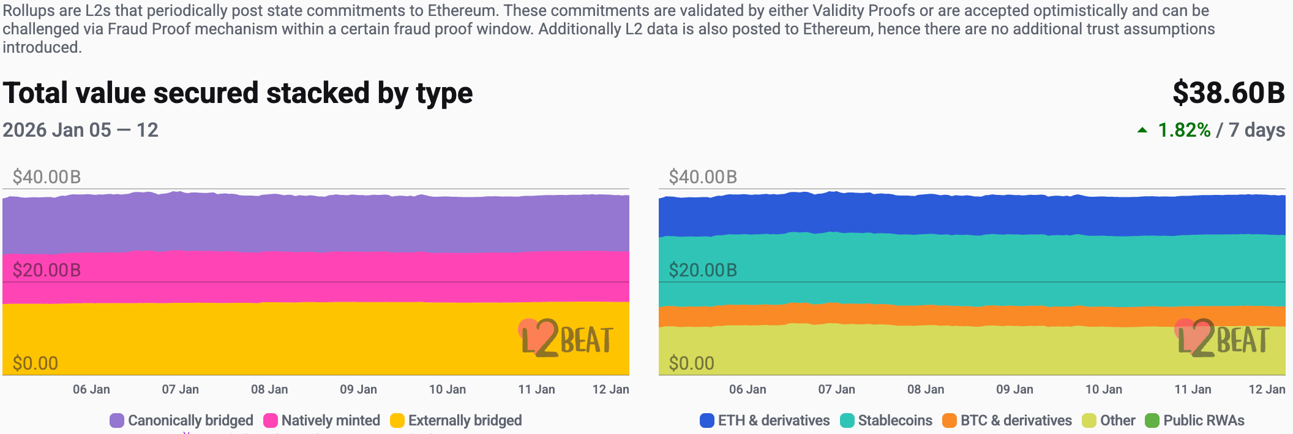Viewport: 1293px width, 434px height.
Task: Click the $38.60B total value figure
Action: (1228, 93)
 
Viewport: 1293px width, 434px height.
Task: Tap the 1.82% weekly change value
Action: (1184, 130)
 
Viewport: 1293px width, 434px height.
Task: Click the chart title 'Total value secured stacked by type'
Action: (238, 93)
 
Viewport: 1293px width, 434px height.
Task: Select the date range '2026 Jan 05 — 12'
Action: (80, 130)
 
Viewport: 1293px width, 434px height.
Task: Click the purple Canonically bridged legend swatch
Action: (117, 421)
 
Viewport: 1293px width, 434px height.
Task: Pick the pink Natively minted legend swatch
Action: (271, 421)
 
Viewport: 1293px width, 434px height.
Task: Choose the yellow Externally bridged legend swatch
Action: (397, 421)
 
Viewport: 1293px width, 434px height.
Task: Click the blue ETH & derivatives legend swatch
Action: (707, 421)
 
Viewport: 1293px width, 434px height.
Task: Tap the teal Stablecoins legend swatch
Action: (847, 421)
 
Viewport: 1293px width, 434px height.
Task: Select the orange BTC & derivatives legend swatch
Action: (950, 421)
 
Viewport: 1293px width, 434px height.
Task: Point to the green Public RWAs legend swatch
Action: (1152, 421)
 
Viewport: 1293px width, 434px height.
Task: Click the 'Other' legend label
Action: (1117, 421)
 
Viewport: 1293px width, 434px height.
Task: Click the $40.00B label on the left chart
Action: (47, 177)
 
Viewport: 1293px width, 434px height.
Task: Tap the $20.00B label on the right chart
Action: (703, 270)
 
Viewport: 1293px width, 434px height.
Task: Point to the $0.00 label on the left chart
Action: (36, 364)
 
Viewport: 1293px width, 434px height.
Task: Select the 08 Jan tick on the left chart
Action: (269, 389)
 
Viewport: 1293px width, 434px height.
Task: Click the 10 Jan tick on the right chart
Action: (1104, 389)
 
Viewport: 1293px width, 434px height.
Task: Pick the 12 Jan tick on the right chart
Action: (1267, 389)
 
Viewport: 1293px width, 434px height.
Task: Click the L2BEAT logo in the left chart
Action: (566, 338)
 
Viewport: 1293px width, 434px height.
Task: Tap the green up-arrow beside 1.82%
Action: (1142, 130)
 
